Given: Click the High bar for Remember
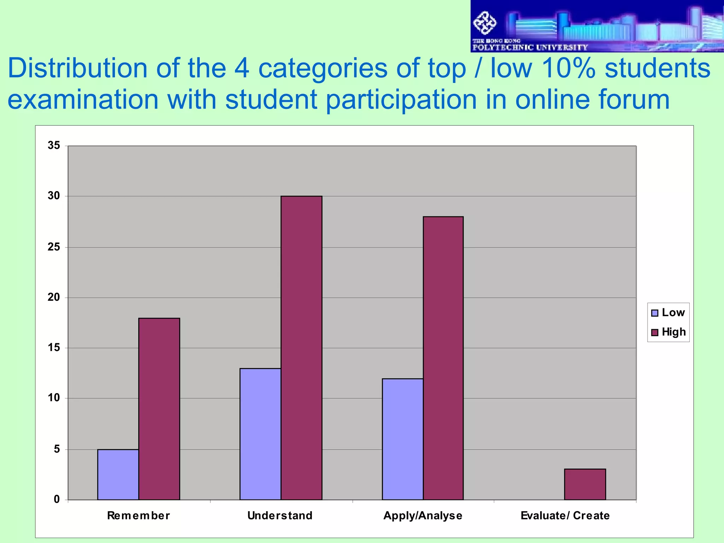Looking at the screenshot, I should coord(159,409).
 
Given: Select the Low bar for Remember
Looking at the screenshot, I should coord(118,474).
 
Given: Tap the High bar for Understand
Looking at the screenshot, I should coord(301,348).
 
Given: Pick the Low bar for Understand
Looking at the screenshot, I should coord(260,434).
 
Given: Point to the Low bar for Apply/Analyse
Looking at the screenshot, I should coord(402,439).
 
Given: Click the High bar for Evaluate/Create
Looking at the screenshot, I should coord(585,484).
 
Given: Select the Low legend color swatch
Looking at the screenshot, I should coord(655,313).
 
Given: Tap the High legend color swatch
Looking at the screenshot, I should coord(655,332).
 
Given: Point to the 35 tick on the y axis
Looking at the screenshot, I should coord(54,145).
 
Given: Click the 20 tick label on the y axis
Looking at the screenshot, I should coord(54,297).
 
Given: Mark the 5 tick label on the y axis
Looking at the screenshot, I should coord(57,449).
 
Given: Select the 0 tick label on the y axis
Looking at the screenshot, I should coord(57,500).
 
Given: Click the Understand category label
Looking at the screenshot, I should coord(280,515).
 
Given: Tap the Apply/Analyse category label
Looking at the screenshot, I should coord(423,515).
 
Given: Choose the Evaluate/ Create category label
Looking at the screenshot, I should coord(565,515).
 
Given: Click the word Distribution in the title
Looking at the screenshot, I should coord(77,68).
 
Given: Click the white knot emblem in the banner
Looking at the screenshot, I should coord(485,23).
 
